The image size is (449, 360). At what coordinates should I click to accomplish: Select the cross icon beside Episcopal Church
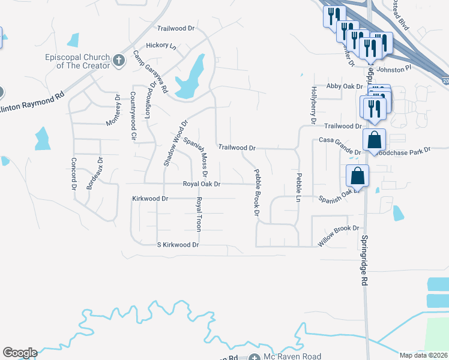[119, 59]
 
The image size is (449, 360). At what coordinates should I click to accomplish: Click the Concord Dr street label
[73, 173]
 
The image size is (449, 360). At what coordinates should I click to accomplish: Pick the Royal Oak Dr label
[202, 184]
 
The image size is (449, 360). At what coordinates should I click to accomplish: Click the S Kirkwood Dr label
[177, 245]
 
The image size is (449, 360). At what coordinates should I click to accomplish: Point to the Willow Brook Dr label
[338, 229]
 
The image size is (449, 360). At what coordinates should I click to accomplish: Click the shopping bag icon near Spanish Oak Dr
[357, 176]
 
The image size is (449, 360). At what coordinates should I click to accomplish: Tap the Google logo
[20, 353]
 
